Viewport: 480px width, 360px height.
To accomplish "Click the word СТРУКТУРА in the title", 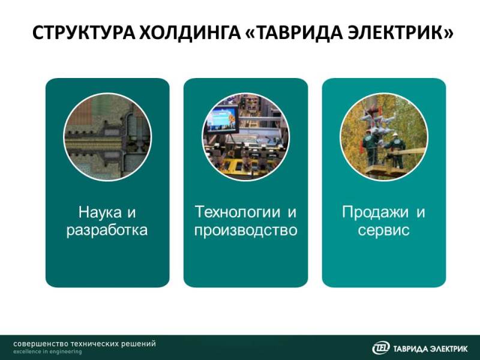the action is coord(83,32).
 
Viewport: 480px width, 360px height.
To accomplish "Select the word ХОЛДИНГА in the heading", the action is coord(190,32).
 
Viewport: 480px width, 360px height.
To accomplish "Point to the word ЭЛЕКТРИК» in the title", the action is coord(401,32).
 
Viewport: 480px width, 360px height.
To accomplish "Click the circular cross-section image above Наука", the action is coord(107,137).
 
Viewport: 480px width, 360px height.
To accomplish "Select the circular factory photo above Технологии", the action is coord(246,137).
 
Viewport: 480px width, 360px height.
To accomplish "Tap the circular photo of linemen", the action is coord(384,137).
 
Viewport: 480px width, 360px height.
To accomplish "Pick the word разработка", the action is coord(107,230).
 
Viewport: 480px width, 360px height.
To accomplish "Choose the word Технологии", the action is coord(237,212).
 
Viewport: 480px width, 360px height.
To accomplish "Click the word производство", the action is coord(246,230).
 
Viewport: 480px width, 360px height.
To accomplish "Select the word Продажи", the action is coord(375,212).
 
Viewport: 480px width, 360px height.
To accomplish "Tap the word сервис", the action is coord(383,230).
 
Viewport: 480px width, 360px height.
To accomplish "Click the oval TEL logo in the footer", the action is coord(381,348).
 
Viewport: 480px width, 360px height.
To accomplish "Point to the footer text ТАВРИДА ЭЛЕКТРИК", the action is coord(430,349).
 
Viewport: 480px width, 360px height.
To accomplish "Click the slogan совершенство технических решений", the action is coord(85,343).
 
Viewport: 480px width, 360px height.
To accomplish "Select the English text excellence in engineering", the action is coord(47,352).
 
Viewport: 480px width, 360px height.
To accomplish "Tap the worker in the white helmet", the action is coord(396,150).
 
